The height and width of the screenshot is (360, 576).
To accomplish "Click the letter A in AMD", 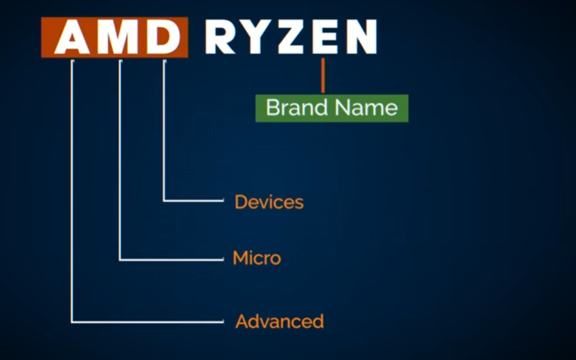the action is point(72,37).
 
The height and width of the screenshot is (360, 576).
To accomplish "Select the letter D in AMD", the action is point(164,37).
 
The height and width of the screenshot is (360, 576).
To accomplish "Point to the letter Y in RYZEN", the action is point(257,37).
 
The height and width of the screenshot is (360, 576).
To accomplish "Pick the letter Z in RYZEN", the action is point(294,37).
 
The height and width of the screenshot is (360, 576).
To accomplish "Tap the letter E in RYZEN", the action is point(325,37).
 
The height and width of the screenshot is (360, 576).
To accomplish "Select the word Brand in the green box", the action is point(297,108).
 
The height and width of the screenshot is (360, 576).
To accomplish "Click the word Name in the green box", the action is point(366,108).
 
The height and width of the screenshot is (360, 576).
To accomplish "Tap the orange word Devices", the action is point(269,202).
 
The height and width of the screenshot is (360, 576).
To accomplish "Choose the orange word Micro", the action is point(257,258).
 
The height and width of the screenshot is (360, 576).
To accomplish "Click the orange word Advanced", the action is point(279,322).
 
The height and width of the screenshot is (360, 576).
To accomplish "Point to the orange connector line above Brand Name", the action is point(323,75).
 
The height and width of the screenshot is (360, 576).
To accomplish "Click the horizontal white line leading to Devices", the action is point(194,201).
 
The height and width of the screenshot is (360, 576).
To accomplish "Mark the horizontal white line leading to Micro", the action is point(171,259).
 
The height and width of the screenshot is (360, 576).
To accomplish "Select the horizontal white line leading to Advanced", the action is point(147,322).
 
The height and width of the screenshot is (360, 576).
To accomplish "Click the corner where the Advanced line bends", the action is point(72,322).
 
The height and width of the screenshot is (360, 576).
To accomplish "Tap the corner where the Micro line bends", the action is point(120,259).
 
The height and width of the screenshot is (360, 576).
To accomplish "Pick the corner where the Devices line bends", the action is point(164,201).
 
